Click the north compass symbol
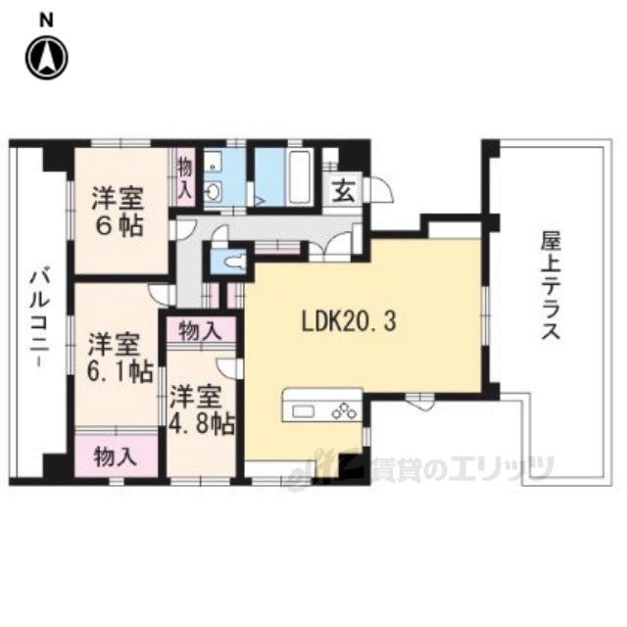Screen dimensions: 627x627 [x=47, y=59]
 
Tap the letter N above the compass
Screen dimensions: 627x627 [x=47, y=21]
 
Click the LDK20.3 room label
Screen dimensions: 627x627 [x=349, y=322]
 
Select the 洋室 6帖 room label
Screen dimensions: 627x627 [x=118, y=213]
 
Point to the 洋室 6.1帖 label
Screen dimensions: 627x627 [x=120, y=359]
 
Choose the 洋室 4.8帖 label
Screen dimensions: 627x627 [x=202, y=411]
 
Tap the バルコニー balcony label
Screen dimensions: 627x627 [x=39, y=318]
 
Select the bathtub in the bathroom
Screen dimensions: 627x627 [x=300, y=176]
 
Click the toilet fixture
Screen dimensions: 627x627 [x=235, y=262]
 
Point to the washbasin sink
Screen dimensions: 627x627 [x=215, y=191]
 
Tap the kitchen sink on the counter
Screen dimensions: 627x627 [x=305, y=410]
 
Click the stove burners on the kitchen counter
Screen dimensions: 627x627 [x=344, y=410]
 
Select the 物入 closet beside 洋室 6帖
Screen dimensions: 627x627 [x=185, y=177]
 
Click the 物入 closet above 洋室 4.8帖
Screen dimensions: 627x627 [x=200, y=331]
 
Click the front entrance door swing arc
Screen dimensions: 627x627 [x=382, y=189]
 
